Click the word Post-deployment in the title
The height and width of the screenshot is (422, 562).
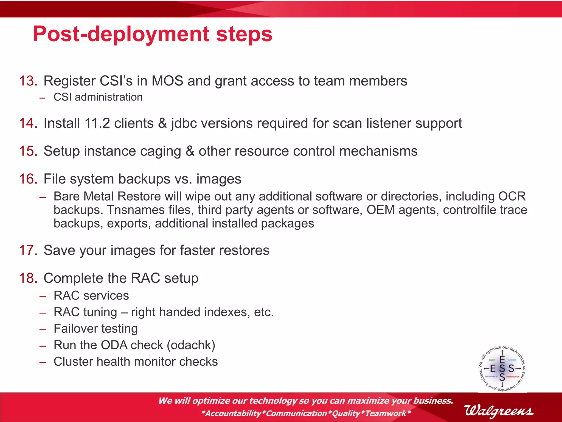(x=121, y=34)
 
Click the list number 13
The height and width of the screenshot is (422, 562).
(x=28, y=81)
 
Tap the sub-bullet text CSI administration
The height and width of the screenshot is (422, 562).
(x=98, y=97)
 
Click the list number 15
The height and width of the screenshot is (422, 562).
(x=28, y=151)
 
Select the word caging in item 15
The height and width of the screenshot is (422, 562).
(x=161, y=151)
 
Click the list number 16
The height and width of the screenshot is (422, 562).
(x=28, y=179)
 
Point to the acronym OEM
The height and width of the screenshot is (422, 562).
(x=380, y=210)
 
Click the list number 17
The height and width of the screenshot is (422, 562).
(x=28, y=251)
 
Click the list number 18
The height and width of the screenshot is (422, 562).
(x=28, y=278)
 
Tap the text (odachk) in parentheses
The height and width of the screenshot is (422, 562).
(x=191, y=345)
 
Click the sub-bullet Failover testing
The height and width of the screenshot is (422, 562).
(x=95, y=329)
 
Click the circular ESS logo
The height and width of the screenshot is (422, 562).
(x=502, y=368)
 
